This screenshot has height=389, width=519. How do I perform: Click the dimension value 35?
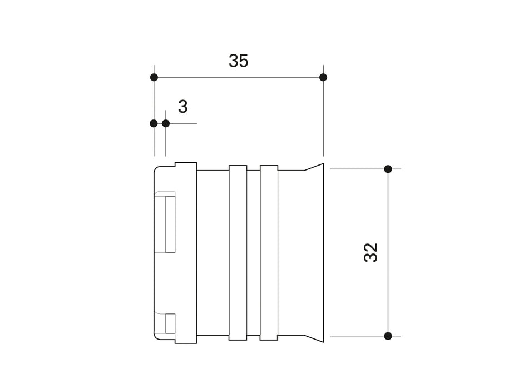pyautogui.click(x=238, y=61)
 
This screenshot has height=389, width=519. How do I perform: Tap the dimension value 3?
pyautogui.click(x=182, y=107)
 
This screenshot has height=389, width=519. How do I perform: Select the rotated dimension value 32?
pyautogui.click(x=370, y=253)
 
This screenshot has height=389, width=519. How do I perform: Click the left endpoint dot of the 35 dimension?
pyautogui.click(x=154, y=77)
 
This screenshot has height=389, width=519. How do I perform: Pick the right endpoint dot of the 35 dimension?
pyautogui.click(x=323, y=77)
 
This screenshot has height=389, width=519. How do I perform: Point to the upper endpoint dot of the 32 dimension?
pyautogui.click(x=388, y=169)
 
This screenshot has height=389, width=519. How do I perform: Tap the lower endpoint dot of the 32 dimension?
pyautogui.click(x=388, y=336)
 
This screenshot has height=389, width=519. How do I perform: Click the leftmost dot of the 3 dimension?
pyautogui.click(x=154, y=123)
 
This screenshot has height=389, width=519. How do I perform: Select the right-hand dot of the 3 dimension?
pyautogui.click(x=166, y=123)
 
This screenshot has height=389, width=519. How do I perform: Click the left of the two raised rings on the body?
pyautogui.click(x=238, y=253)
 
